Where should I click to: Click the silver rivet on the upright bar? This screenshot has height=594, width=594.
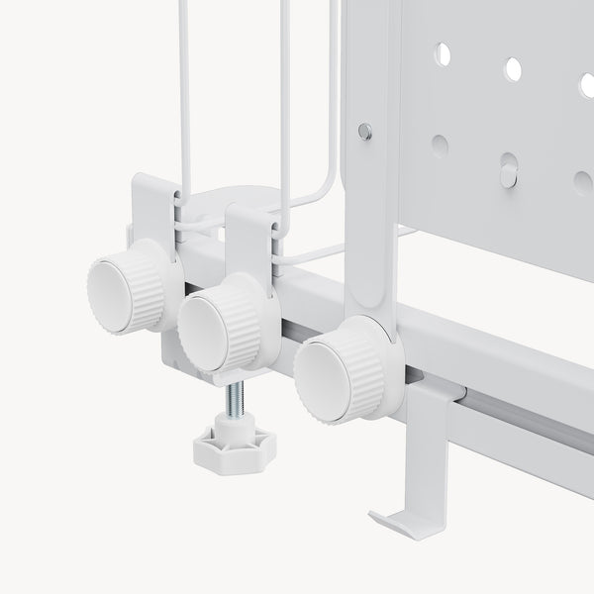pyautogui.click(x=365, y=129)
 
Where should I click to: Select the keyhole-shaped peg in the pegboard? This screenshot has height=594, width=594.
pyautogui.click(x=508, y=169)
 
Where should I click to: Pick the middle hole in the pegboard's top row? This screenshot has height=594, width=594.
pyautogui.click(x=513, y=68)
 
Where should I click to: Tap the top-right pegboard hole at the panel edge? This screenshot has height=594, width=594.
pyautogui.click(x=586, y=84)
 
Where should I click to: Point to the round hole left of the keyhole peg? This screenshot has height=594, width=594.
pyautogui.click(x=440, y=145)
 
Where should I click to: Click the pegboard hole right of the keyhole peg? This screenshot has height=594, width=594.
pyautogui.click(x=582, y=182)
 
